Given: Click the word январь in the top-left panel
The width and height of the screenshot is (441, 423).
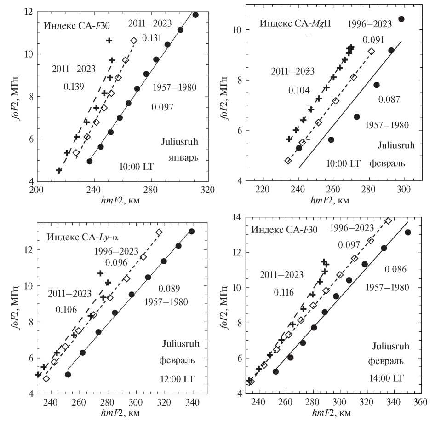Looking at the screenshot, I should tap(183, 157).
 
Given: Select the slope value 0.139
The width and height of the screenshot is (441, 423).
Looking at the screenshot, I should tap(74, 86).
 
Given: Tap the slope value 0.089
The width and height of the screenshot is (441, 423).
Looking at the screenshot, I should tap(169, 289).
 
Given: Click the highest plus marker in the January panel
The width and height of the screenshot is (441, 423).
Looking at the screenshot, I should tap(109, 41).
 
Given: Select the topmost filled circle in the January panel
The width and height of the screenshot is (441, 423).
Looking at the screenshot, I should tap(195, 15).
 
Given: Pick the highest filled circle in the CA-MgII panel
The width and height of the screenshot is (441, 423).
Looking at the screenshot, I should tap(401, 19).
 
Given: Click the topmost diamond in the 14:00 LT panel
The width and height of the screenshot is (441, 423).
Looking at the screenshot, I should tap(388, 221).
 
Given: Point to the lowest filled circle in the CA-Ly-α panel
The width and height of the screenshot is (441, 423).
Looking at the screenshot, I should tap(68, 375).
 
